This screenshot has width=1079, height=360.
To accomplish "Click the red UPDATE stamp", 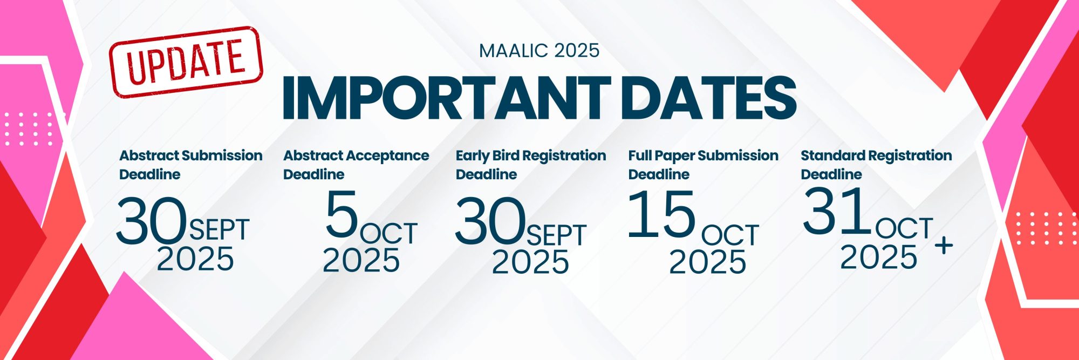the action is point(186,62).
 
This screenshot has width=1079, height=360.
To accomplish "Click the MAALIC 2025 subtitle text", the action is point(539,51).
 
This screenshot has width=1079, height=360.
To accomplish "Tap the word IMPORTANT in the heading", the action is point(446,98).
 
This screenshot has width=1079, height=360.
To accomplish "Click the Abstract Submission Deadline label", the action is point(191,165).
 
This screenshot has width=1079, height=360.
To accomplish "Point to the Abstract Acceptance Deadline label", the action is point(356,165).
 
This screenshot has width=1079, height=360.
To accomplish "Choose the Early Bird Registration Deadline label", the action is point(531,165).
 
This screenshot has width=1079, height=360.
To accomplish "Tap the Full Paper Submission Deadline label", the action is point(704,165).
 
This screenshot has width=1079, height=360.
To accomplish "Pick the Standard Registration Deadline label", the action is point(876,165).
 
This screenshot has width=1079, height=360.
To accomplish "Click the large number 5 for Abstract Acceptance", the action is point(342,214).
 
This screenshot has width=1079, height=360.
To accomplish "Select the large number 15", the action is point(662,214).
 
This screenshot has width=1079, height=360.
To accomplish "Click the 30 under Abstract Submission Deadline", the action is point(152,221).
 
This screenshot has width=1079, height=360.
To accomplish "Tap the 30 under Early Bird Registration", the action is point(490,221).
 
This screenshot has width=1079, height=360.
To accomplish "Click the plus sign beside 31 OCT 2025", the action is point(944,246).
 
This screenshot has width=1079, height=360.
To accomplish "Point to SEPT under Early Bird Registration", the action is point(556,235).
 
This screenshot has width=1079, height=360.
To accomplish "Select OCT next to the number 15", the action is point(730,235).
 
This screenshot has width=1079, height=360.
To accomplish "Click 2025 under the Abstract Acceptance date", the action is point(361,260).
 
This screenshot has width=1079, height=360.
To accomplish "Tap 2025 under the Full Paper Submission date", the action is point(708,262).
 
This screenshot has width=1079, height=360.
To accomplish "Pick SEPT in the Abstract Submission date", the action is point(219,230).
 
